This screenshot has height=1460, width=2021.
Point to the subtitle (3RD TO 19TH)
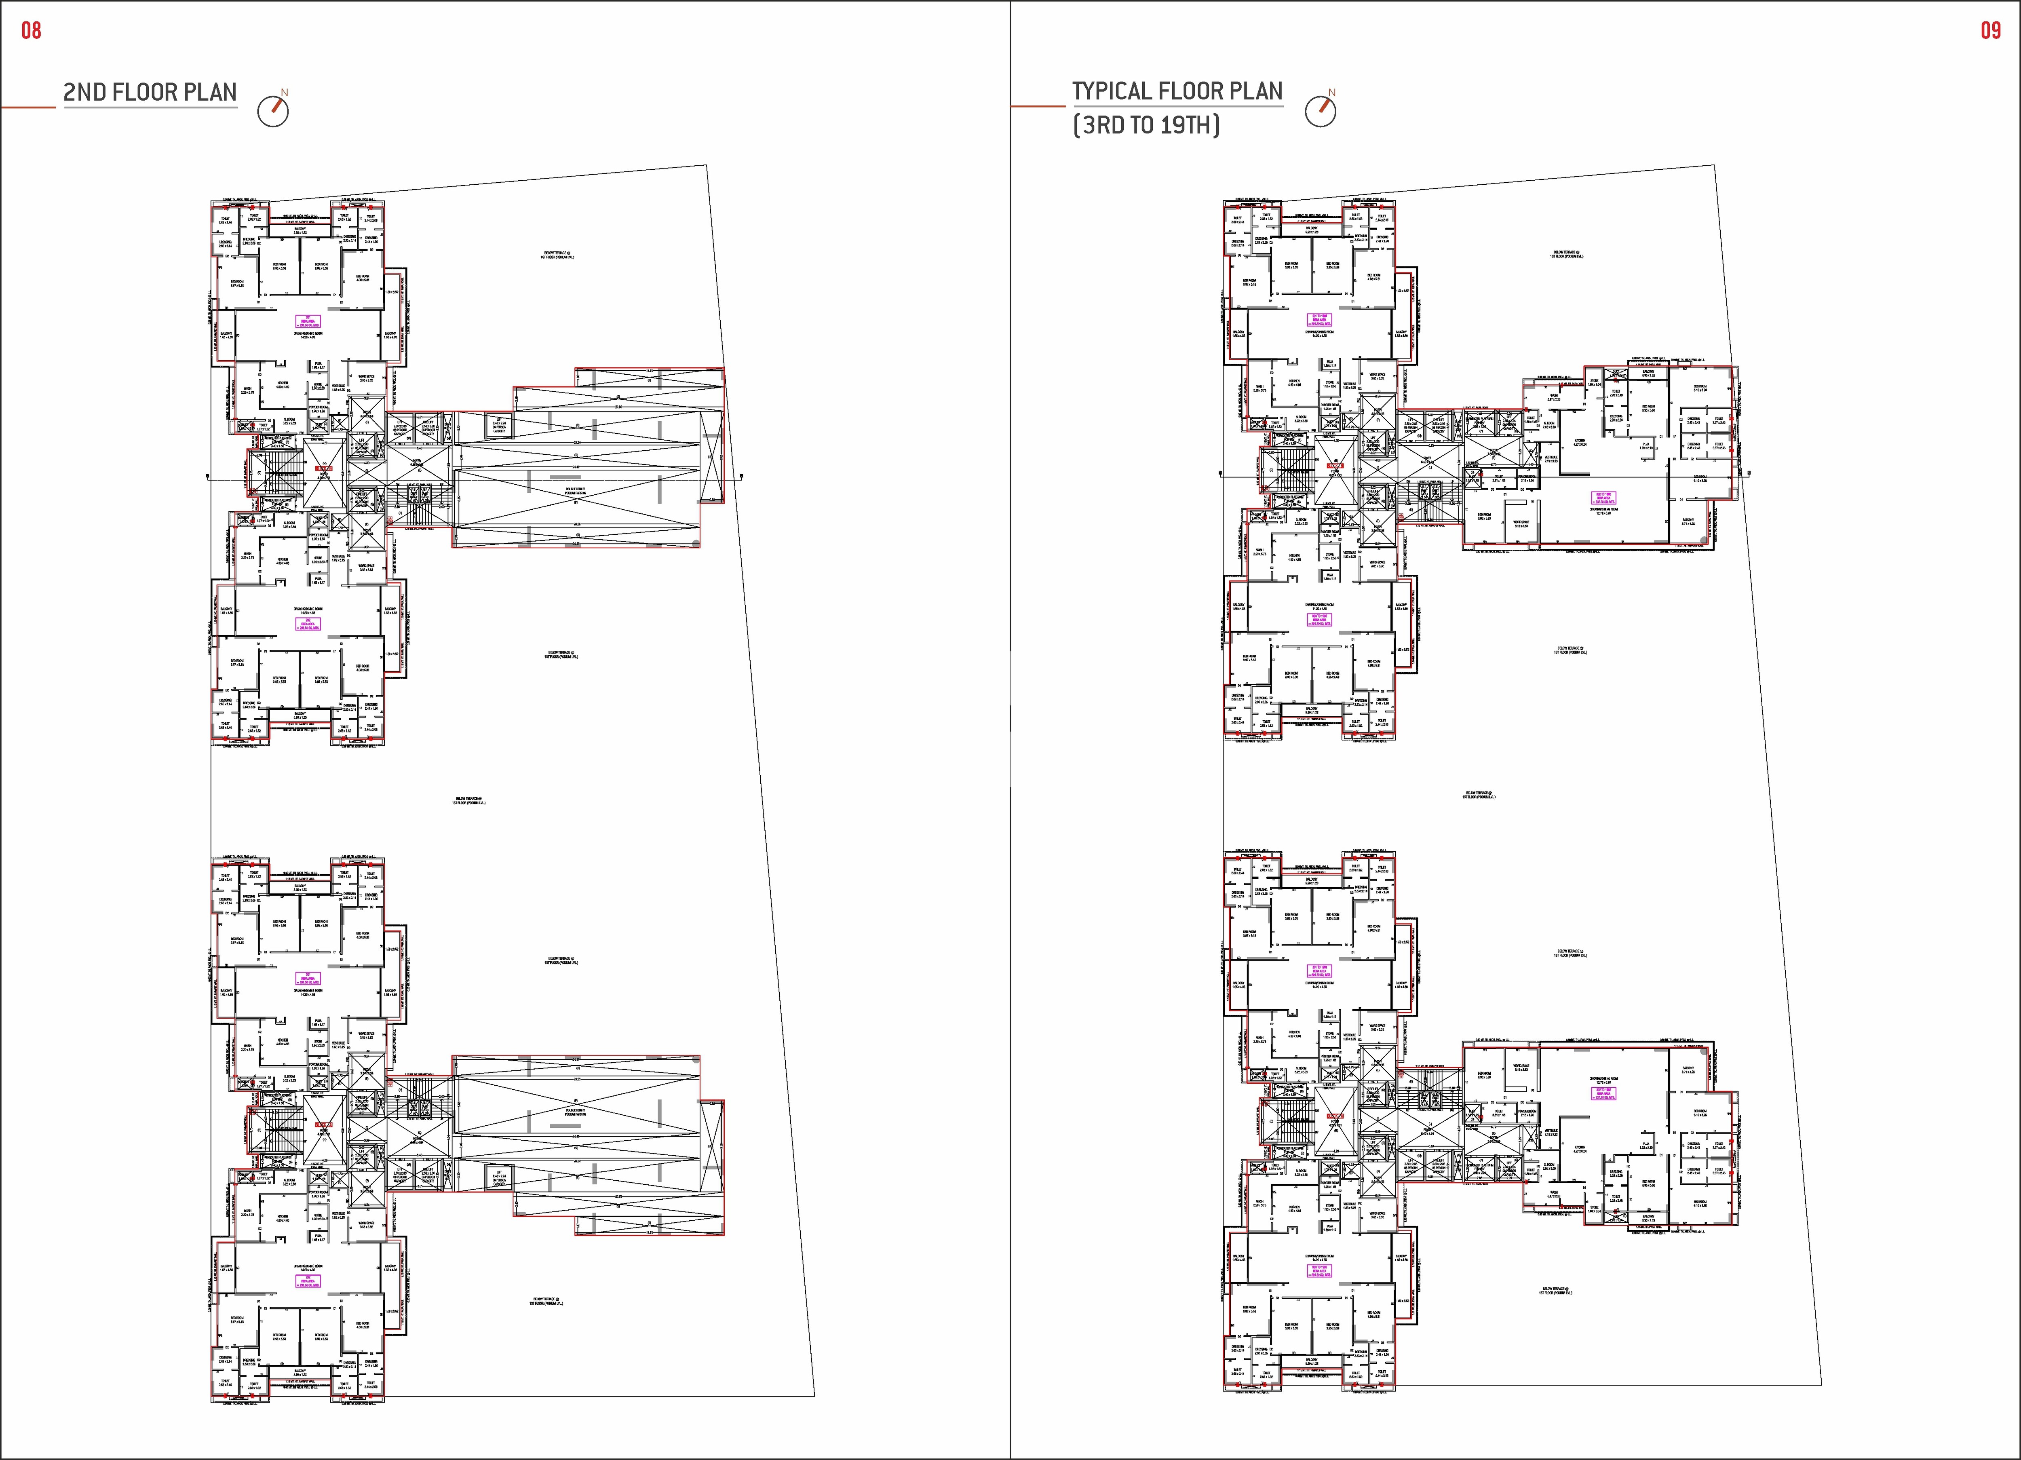click(1146, 125)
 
